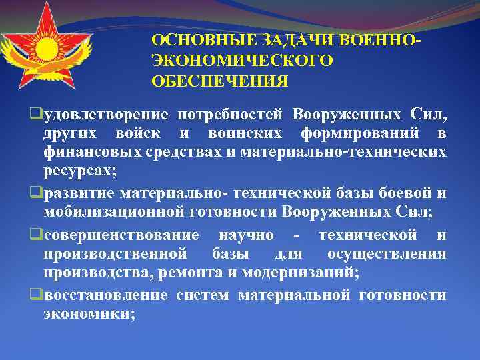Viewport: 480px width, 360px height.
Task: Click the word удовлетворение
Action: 106,115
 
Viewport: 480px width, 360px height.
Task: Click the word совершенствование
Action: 121,235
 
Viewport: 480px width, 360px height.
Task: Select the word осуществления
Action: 387,254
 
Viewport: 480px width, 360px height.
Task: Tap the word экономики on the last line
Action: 87,314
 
